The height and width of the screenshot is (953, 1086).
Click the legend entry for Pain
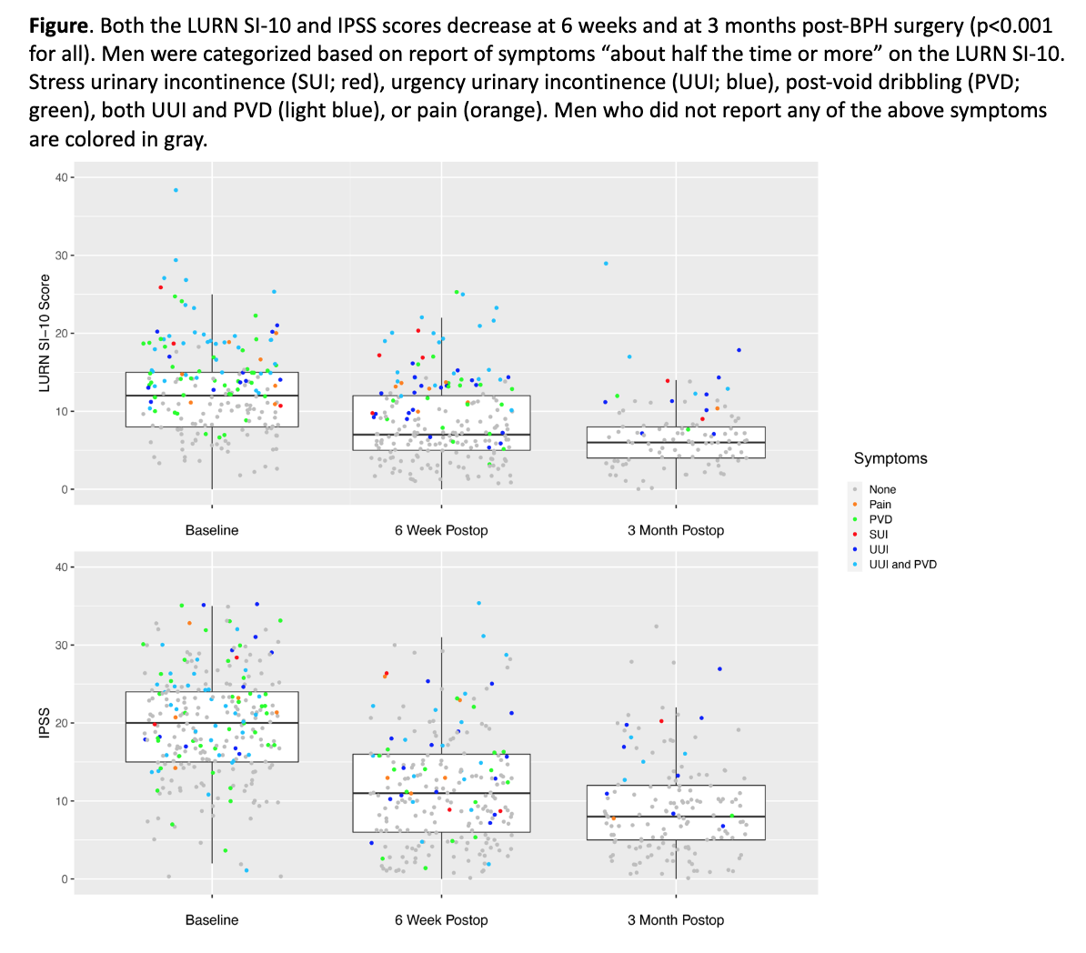(x=880, y=505)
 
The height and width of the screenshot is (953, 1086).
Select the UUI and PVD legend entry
(x=902, y=565)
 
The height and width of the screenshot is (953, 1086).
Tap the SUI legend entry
(x=878, y=535)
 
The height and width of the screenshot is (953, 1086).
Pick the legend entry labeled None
(x=882, y=489)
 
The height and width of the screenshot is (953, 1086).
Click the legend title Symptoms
(x=890, y=458)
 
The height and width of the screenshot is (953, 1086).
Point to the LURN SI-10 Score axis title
(x=45, y=334)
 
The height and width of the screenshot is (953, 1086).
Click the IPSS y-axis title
(x=45, y=724)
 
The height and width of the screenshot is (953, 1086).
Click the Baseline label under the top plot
(x=212, y=530)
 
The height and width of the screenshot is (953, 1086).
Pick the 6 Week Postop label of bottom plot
(x=441, y=920)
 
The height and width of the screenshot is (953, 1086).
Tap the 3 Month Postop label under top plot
(x=676, y=530)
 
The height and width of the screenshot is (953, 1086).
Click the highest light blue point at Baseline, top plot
(x=176, y=191)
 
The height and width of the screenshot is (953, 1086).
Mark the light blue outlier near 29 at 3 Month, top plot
(x=606, y=264)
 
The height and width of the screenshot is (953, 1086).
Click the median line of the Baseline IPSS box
(x=212, y=723)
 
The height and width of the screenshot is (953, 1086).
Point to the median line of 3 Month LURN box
(x=676, y=443)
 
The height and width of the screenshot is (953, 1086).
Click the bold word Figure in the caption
(x=57, y=26)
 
